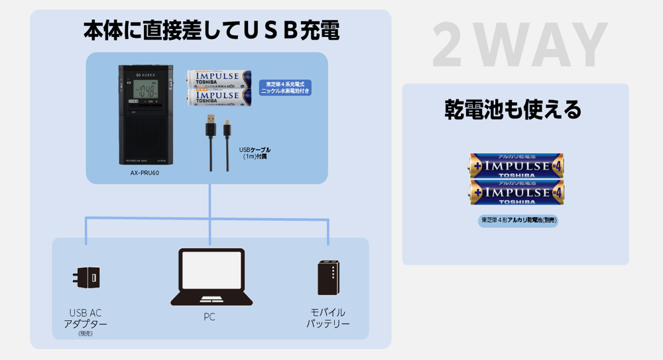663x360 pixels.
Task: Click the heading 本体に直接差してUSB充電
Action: coord(211,30)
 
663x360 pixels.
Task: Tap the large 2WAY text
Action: coord(520,45)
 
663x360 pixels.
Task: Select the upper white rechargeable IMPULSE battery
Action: coord(219,79)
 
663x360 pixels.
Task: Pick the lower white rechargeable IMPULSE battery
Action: coord(219,98)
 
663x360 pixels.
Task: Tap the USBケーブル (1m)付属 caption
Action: coord(255,153)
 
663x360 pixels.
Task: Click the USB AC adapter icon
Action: coord(86,278)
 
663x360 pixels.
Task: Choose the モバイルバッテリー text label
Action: coord(328,318)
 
